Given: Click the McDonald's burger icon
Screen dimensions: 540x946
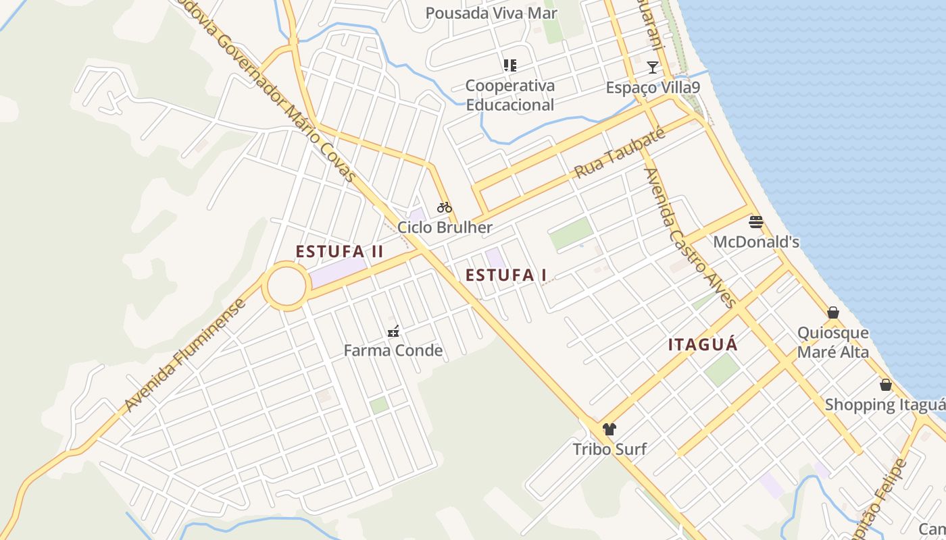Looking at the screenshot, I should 756,222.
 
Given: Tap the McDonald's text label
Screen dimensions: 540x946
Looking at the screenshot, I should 756,242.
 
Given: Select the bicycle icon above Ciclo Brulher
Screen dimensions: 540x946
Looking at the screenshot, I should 444,207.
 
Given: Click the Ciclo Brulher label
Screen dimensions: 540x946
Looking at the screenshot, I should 445,227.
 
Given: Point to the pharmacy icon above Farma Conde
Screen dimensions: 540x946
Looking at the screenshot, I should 393,331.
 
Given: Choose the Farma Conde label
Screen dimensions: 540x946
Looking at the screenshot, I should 393,350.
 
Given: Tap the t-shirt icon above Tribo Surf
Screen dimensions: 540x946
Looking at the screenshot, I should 609,429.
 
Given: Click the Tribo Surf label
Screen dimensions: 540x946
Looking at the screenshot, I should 609,449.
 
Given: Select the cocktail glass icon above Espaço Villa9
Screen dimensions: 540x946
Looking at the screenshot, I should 652,67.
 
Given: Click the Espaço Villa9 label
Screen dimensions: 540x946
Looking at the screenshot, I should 652,88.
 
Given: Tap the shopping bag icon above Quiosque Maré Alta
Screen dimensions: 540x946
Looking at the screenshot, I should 833,313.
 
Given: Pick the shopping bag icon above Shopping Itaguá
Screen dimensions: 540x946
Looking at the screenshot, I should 886,385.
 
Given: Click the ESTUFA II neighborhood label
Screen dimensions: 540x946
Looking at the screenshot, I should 339,252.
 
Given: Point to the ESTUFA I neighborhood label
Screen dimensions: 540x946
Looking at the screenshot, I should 506,275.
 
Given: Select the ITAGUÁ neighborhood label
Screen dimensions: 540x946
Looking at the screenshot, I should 703,344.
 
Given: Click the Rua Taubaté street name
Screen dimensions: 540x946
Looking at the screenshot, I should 620,153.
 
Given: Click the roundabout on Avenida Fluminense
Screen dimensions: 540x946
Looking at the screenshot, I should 287,287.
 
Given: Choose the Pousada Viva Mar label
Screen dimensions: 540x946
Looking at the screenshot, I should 491,13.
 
